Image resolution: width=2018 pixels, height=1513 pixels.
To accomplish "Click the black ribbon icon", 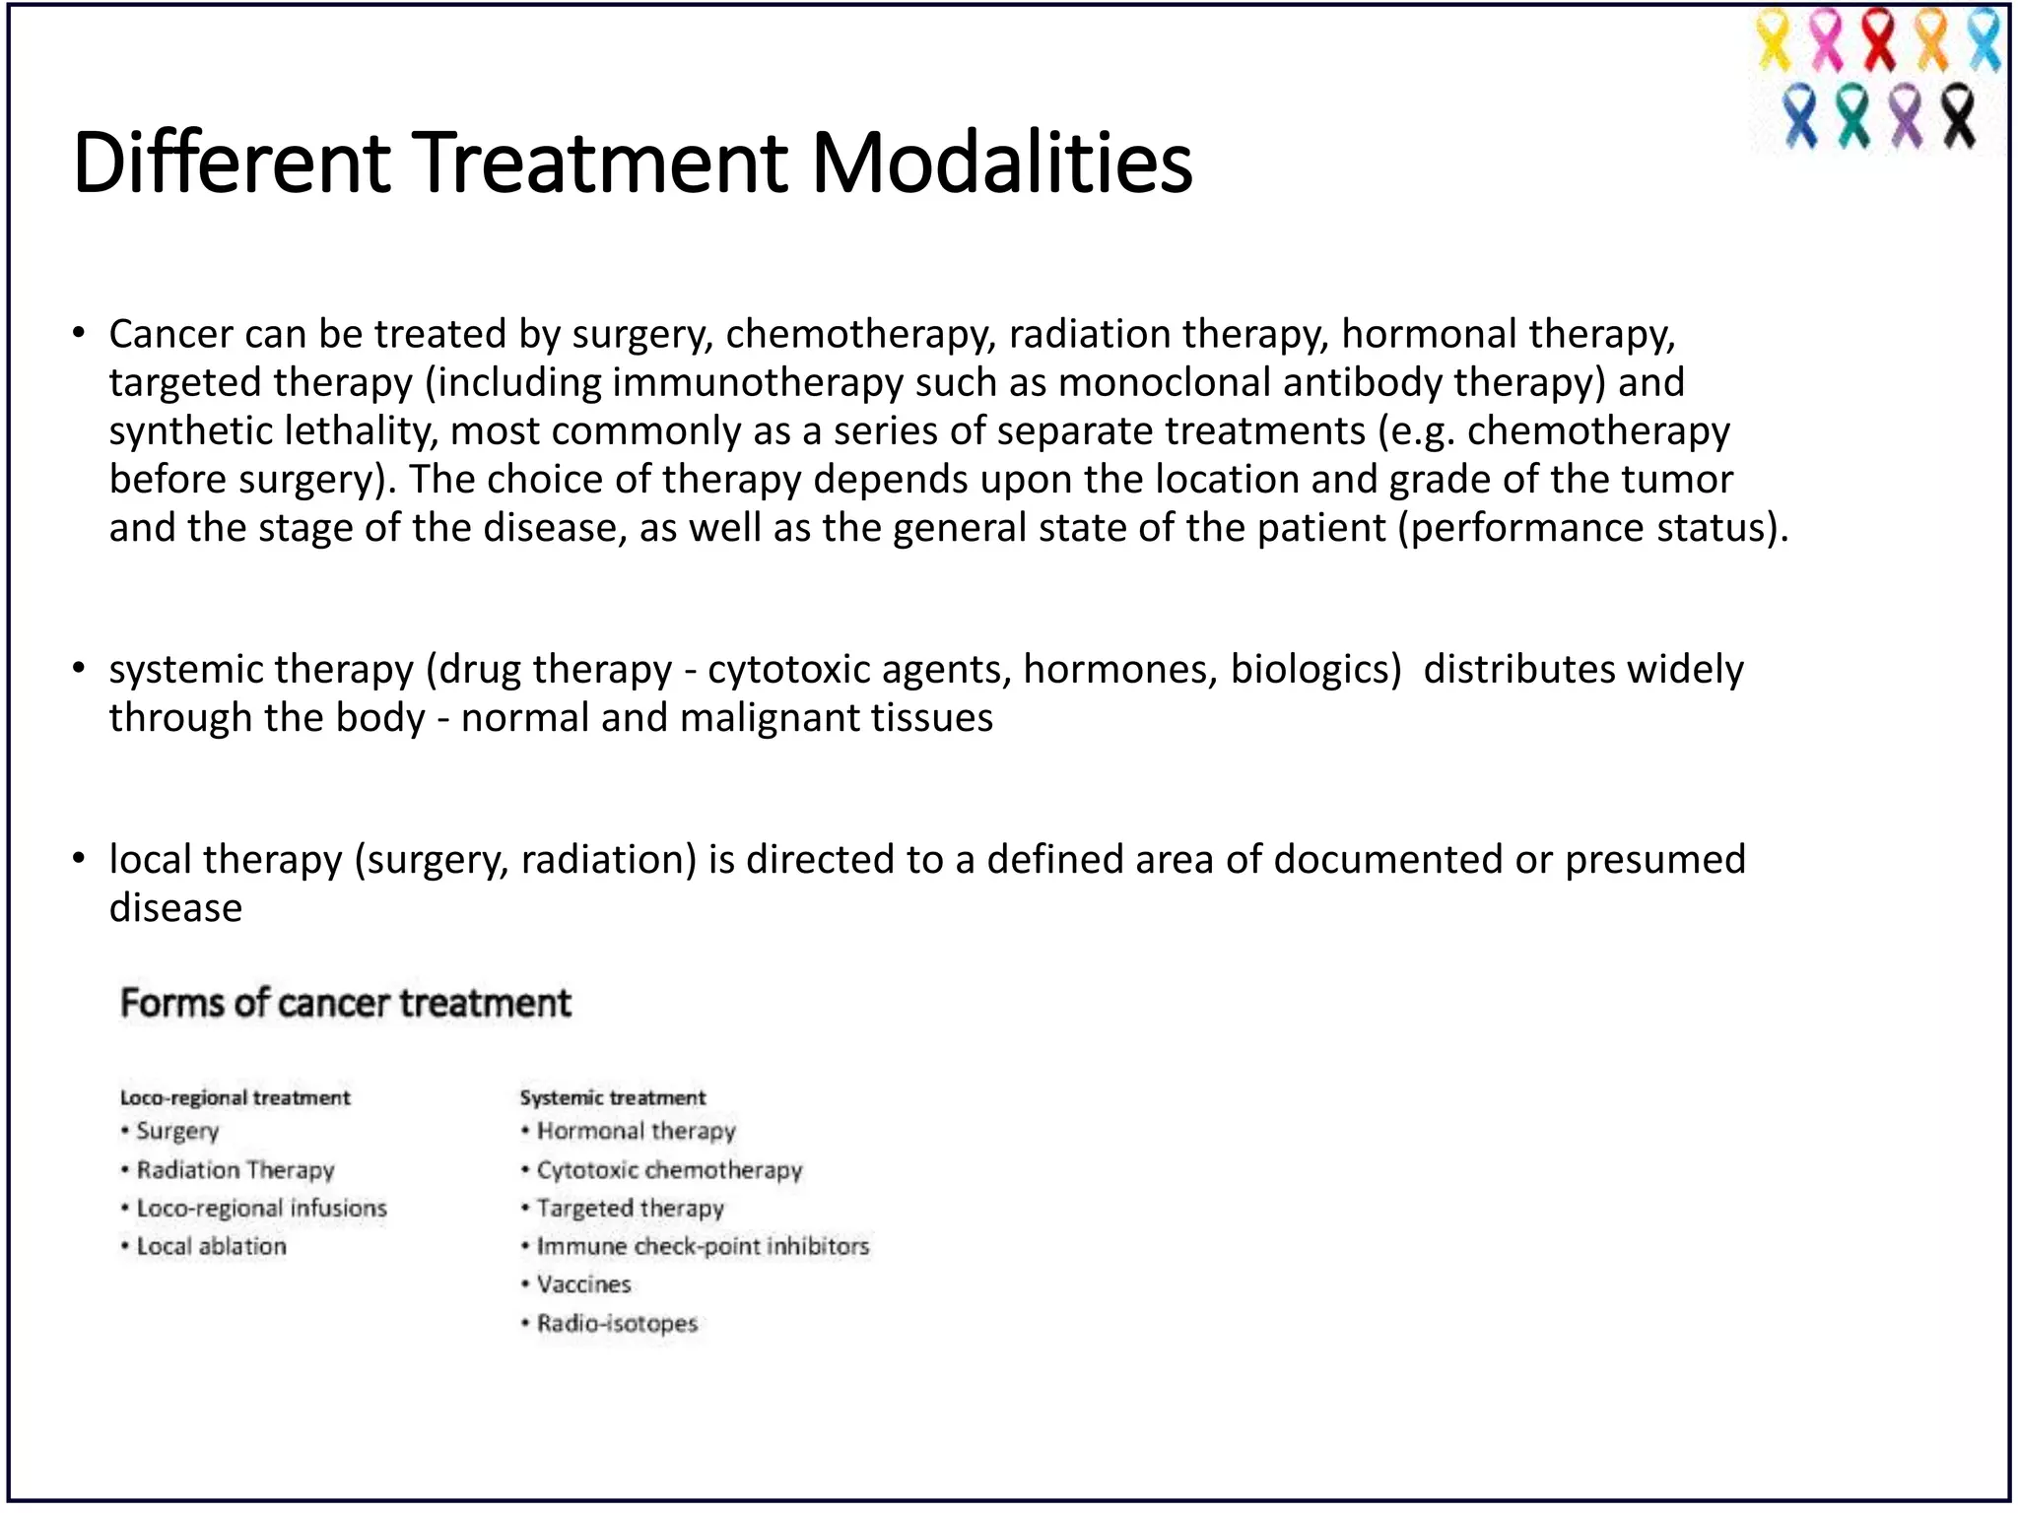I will (1959, 116).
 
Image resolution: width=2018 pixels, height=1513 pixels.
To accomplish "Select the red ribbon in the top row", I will (1879, 41).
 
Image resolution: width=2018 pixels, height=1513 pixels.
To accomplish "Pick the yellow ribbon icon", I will (1774, 41).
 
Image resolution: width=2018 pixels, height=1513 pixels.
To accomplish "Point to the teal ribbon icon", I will (1853, 116).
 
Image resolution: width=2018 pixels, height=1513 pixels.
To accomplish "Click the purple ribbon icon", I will (1907, 116).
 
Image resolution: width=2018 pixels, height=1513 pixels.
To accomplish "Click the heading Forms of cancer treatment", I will (345, 1003).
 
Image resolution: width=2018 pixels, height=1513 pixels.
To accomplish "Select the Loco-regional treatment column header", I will (235, 1097).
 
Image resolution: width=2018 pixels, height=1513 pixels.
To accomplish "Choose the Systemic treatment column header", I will (612, 1097).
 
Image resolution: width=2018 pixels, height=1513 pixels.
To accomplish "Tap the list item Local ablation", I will (211, 1246).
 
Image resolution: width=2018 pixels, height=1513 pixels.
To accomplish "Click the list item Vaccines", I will (583, 1284).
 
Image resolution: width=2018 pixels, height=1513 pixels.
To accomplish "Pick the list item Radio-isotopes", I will (617, 1323).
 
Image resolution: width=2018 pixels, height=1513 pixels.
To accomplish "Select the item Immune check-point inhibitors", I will (703, 1246).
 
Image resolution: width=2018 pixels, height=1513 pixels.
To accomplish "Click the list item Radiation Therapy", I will (235, 1169).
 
